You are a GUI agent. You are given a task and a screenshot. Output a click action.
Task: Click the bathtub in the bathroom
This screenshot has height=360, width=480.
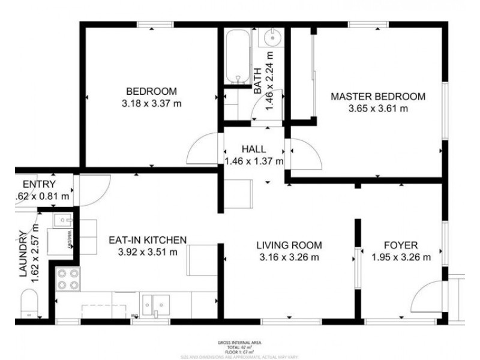pyautogui.click(x=238, y=57)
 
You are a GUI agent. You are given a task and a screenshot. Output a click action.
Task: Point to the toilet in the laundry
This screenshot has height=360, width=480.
pyautogui.click(x=29, y=304)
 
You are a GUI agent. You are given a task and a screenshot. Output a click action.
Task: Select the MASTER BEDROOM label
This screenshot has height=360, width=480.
pyautogui.click(x=378, y=97)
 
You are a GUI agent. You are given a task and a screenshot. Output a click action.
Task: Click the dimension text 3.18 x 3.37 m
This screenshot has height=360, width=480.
pyautogui.click(x=151, y=103)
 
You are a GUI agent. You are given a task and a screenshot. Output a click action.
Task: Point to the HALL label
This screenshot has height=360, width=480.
pyautogui.click(x=254, y=149)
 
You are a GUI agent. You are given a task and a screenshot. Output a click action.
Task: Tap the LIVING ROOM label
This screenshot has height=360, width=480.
pyautogui.click(x=289, y=245)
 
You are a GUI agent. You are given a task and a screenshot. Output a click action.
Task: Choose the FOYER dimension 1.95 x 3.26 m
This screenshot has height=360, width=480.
pyautogui.click(x=401, y=257)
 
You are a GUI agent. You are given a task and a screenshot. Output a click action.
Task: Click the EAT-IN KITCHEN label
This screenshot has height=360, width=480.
pyautogui.click(x=148, y=240)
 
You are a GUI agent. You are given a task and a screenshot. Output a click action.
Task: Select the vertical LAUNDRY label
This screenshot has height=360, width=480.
pyautogui.click(x=23, y=254)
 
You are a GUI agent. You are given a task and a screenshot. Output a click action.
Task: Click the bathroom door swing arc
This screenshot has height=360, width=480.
pyautogui.click(x=263, y=110)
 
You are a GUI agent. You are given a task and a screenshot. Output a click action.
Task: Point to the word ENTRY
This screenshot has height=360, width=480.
pyautogui.click(x=39, y=184)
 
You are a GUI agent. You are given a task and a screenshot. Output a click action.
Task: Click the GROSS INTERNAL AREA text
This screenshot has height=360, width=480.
pyautogui.click(x=239, y=343)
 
